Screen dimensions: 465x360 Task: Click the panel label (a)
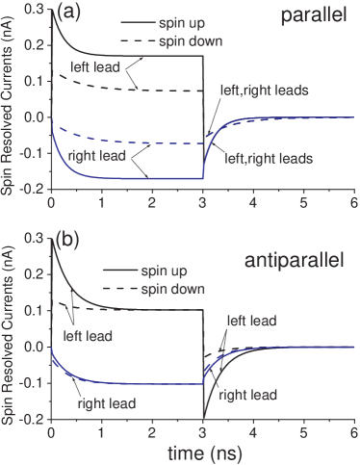click(x=67, y=13)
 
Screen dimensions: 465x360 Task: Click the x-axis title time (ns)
click(x=201, y=452)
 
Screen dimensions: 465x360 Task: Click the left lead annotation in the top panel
click(x=86, y=67)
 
